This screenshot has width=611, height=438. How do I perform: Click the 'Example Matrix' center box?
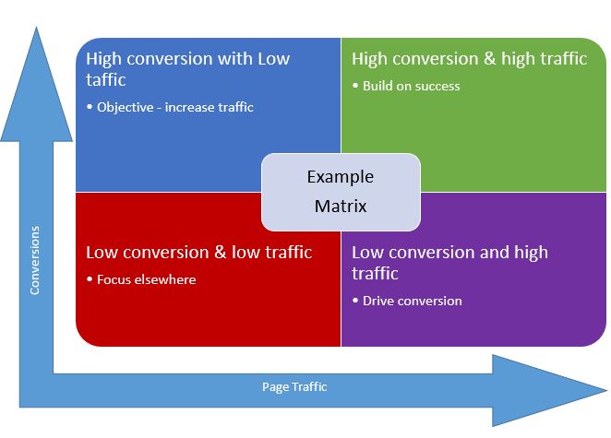click(x=341, y=192)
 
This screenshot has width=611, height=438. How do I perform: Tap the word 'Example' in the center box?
click(x=341, y=176)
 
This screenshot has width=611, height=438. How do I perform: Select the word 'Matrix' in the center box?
click(x=341, y=207)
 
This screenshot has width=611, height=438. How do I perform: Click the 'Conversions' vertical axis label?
click(x=35, y=261)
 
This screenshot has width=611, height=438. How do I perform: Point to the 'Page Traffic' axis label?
click(x=294, y=386)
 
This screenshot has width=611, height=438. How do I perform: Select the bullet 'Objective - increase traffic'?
click(x=174, y=107)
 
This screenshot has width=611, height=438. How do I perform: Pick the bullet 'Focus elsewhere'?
click(x=146, y=279)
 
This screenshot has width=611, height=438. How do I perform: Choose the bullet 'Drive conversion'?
click(x=412, y=301)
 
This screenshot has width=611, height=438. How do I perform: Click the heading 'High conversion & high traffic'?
click(x=469, y=59)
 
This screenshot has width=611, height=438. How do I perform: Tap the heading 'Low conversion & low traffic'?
click(x=198, y=253)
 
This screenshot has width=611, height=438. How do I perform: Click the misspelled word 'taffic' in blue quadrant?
click(x=106, y=80)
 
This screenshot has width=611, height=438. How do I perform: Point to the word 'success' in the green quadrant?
click(x=437, y=86)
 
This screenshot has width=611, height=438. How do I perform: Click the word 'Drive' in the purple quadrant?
click(x=379, y=301)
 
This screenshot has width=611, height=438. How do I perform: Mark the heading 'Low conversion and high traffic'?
click(x=449, y=263)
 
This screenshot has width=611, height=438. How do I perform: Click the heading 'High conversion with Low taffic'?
click(x=187, y=69)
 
